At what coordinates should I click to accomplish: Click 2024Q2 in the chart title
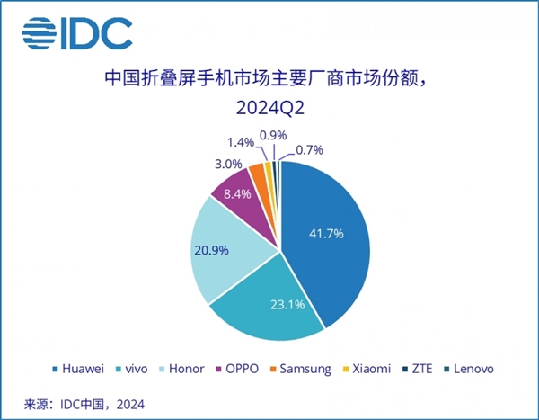click(270, 109)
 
